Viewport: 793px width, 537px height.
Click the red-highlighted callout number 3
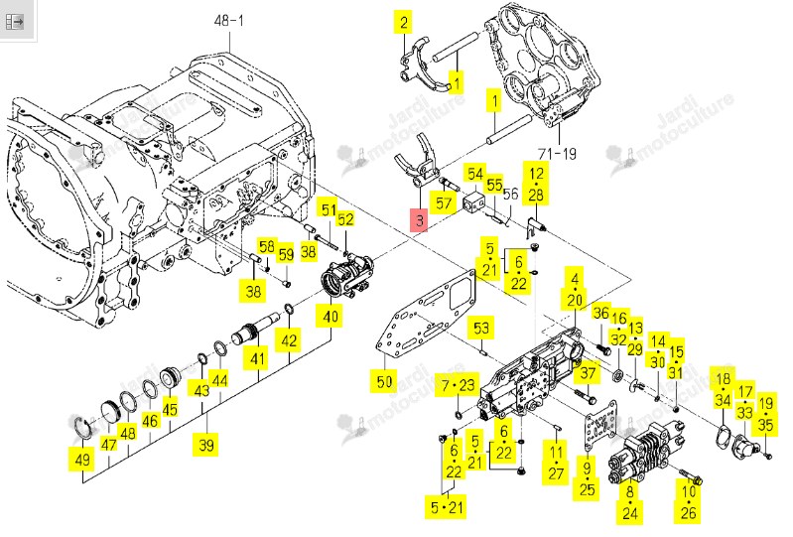pos(419,220)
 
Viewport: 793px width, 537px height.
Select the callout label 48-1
pos(229,20)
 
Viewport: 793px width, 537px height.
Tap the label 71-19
pos(557,153)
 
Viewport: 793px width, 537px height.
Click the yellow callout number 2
pos(404,22)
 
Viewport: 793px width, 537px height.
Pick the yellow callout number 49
pos(82,460)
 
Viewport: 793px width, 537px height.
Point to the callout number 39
pos(205,445)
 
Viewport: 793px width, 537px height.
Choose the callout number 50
pos(384,381)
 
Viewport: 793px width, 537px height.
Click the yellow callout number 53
pos(481,329)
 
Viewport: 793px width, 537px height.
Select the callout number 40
pos(330,317)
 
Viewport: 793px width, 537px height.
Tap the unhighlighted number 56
pos(510,194)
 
